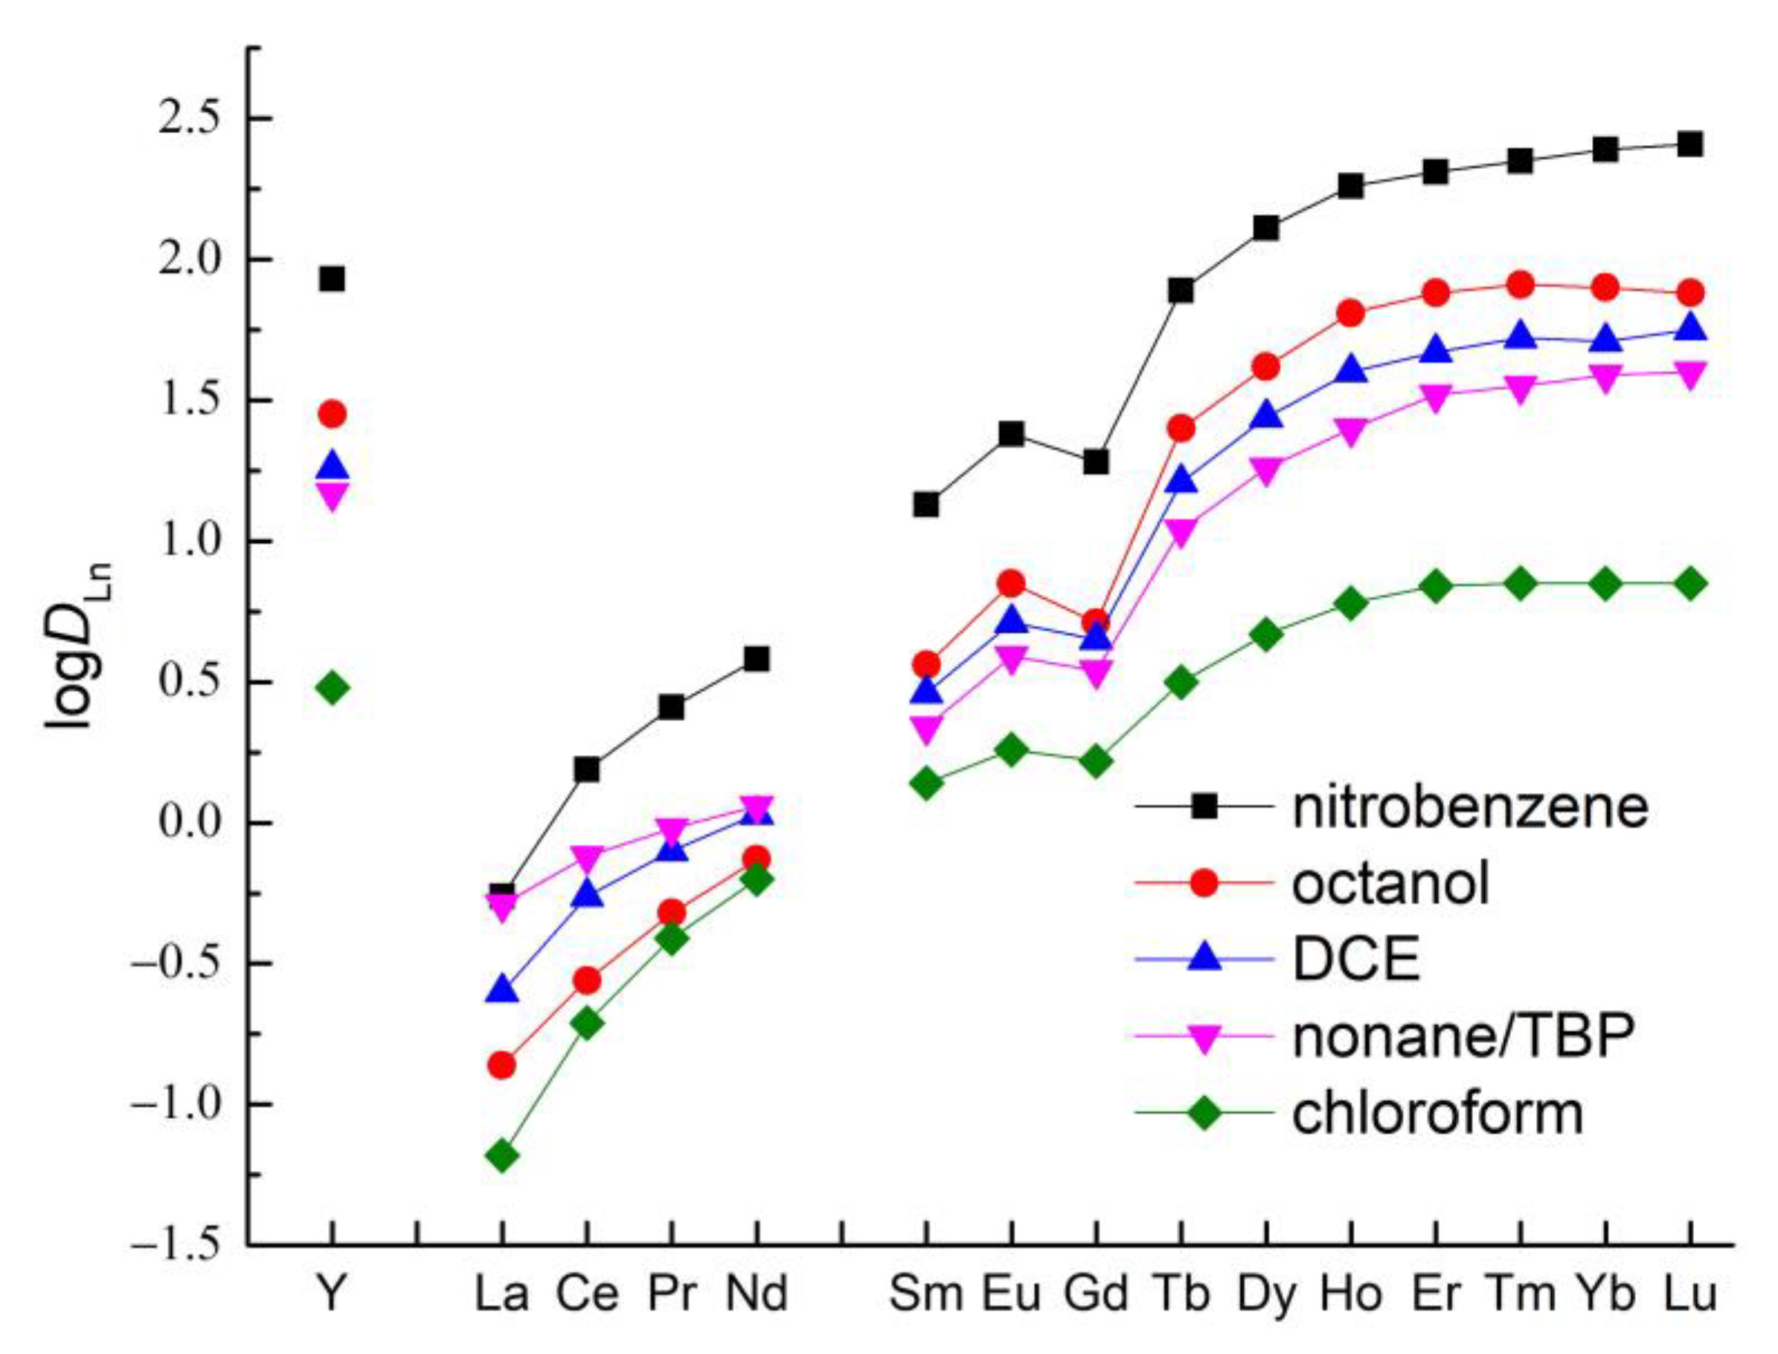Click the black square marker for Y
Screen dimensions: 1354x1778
coord(332,280)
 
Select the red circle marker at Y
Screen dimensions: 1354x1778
coord(332,414)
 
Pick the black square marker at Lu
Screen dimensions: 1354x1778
coord(1689,145)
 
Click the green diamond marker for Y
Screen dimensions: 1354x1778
coord(332,688)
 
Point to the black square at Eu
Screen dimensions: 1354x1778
coord(1011,434)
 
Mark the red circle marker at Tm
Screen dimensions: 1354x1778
coord(1520,284)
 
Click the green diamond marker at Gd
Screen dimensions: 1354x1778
coord(1095,761)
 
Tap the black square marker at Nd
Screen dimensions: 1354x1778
coord(756,659)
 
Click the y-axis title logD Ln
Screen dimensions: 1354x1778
coord(78,645)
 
